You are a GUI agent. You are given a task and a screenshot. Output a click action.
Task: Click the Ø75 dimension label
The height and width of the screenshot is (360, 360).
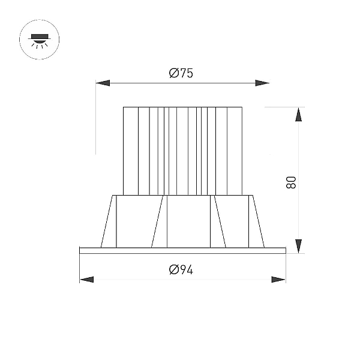[181, 73]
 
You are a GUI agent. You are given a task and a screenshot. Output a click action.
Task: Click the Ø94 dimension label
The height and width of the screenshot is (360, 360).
[181, 269]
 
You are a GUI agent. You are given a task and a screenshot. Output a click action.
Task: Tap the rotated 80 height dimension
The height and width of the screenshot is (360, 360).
[291, 182]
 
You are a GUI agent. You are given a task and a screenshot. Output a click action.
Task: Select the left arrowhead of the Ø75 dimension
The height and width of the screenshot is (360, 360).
[103, 83]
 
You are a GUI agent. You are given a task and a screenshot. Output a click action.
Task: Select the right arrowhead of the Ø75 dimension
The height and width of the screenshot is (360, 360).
[262, 83]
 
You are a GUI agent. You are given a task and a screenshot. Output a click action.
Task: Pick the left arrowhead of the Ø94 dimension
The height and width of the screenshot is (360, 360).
[86, 280]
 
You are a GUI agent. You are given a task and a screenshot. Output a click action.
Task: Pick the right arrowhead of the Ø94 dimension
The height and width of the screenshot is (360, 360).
[278, 280]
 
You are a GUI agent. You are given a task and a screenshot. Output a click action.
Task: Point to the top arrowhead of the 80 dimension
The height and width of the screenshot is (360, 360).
[298, 115]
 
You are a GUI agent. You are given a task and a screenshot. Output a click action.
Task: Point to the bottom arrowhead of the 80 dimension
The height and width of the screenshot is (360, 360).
[298, 246]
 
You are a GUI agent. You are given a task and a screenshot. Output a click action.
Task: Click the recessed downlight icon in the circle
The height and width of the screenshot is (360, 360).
[39, 40]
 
